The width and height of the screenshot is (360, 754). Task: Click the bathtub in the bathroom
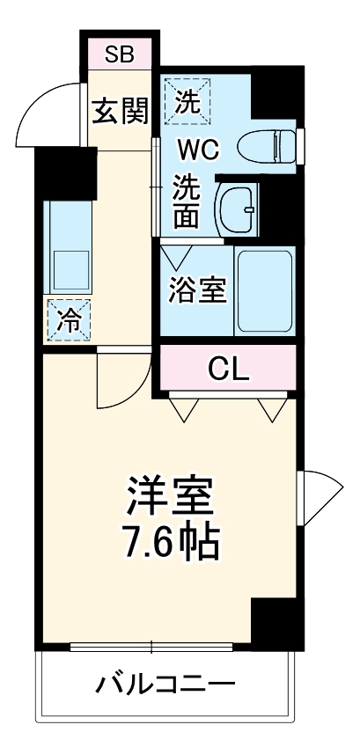(264, 289)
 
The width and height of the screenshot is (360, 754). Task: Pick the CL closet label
(229, 368)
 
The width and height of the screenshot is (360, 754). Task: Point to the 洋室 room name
(170, 497)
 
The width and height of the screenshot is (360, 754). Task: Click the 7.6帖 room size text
(170, 545)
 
